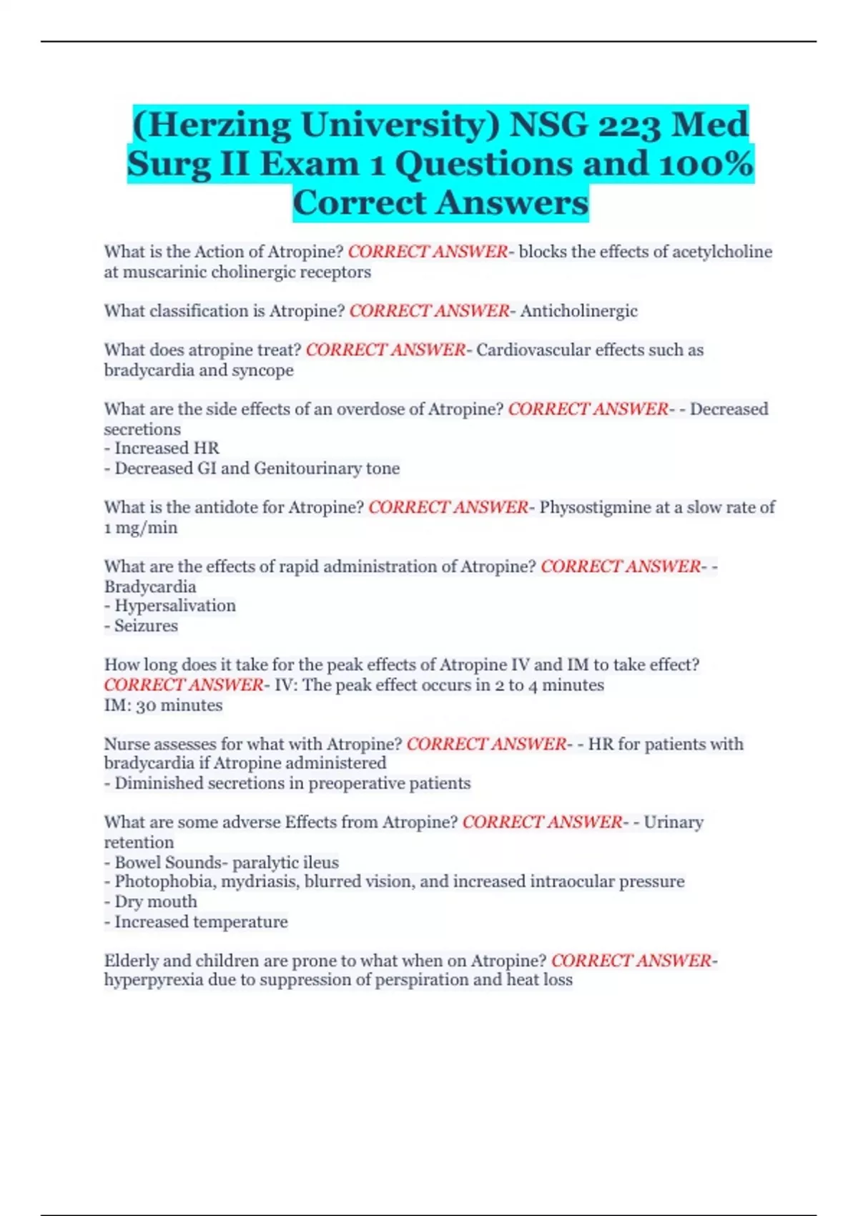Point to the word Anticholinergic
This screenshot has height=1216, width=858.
point(578,311)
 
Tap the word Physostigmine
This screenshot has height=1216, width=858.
point(594,507)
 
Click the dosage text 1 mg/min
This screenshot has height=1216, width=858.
point(141,528)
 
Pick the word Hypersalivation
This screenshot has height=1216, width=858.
point(175,606)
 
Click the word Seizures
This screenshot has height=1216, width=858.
point(146,626)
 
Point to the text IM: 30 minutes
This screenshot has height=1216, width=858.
point(163,705)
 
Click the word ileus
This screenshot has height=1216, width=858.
point(320,863)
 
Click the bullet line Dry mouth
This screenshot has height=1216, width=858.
point(155,902)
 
